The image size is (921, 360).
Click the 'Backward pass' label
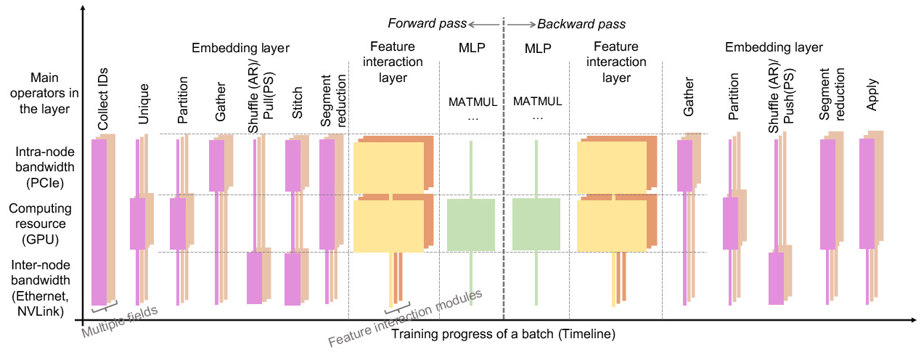tap(572, 23)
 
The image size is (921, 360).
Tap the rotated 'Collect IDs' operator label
tap(104, 104)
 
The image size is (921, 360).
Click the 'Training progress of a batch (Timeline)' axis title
tap(503, 335)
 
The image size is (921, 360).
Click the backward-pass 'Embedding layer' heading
tap(774, 48)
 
